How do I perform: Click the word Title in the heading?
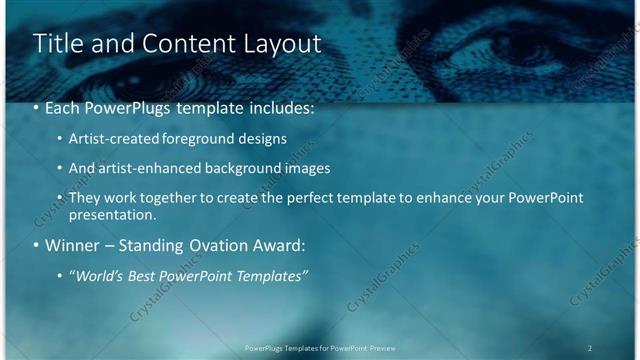57,44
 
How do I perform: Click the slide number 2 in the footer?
590,348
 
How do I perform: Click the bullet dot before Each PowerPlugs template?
37,105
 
